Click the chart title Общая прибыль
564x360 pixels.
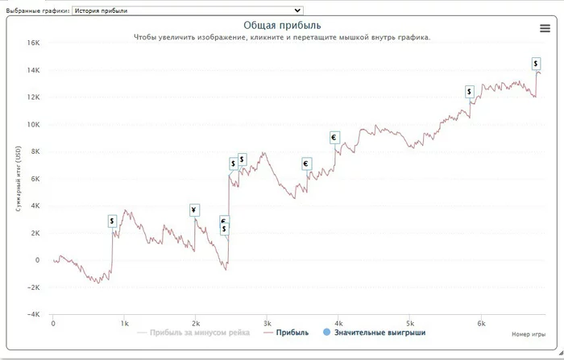point(282,26)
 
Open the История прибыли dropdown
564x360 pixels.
point(187,10)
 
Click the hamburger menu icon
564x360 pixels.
point(545,28)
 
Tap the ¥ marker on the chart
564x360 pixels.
point(194,211)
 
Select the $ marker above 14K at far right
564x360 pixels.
point(536,64)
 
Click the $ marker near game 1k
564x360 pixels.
point(113,221)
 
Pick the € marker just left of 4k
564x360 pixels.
point(334,138)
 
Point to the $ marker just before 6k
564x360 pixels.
point(470,92)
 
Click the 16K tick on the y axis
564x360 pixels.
point(33,43)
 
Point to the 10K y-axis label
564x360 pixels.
point(33,125)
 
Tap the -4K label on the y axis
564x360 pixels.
point(31,315)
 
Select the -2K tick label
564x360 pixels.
point(31,288)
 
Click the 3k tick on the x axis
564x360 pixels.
point(267,323)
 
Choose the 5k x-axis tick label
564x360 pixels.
point(410,323)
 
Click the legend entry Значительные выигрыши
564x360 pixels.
point(379,332)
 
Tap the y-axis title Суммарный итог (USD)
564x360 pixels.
point(17,179)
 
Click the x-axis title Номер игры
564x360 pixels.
point(529,333)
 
